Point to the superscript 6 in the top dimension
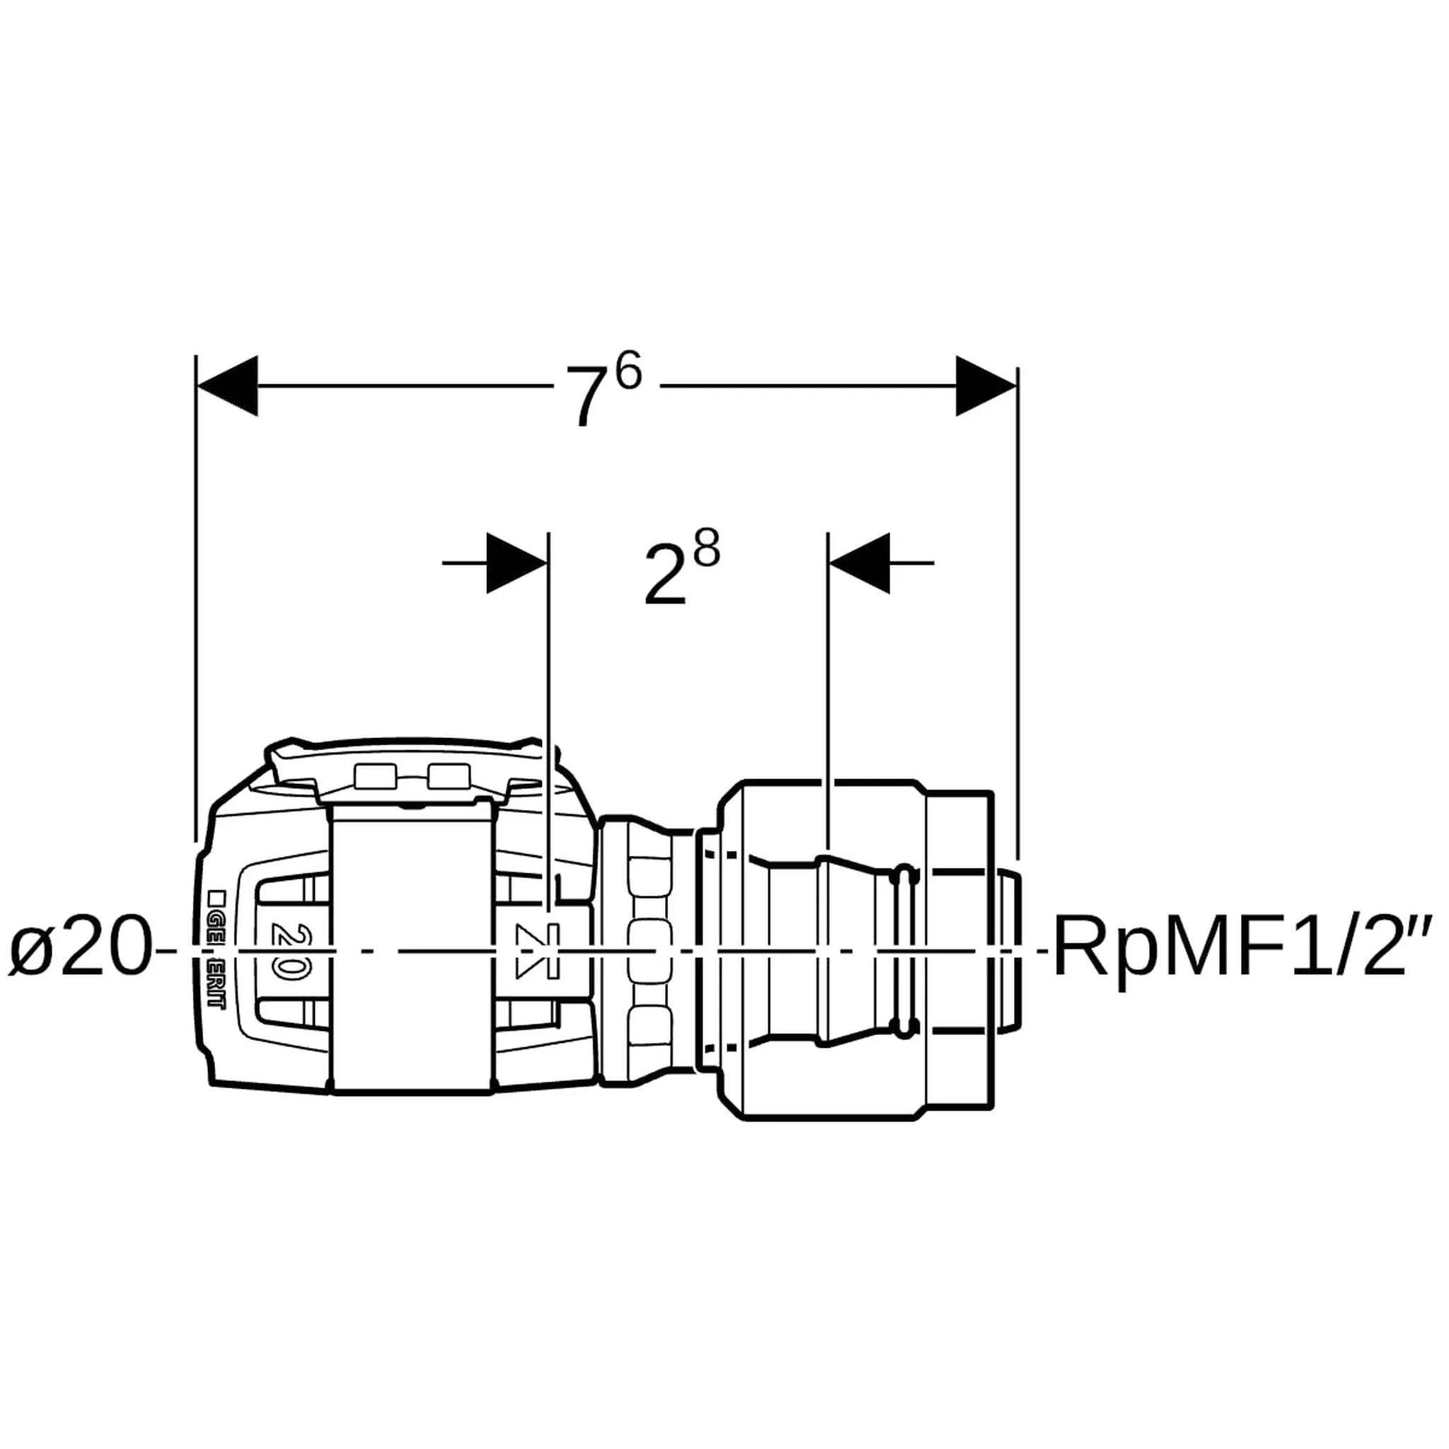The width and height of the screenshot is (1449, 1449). click(628, 372)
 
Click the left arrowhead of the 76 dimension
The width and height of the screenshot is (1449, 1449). click(226, 386)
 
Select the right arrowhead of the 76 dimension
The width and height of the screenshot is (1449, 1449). click(986, 386)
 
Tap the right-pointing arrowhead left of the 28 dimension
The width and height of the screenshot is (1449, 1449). click(517, 562)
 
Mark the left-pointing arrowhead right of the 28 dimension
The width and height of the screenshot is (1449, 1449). click(859, 562)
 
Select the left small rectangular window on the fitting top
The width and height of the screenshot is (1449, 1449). click(376, 775)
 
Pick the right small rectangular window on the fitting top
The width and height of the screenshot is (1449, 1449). click(449, 775)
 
